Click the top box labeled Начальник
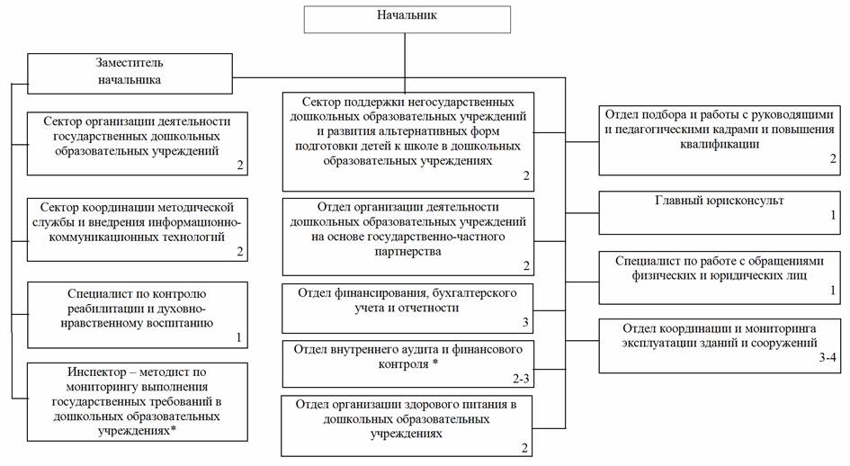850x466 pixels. [x=407, y=18]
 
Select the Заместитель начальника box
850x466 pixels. [x=130, y=71]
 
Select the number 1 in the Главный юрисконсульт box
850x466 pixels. [x=833, y=215]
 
